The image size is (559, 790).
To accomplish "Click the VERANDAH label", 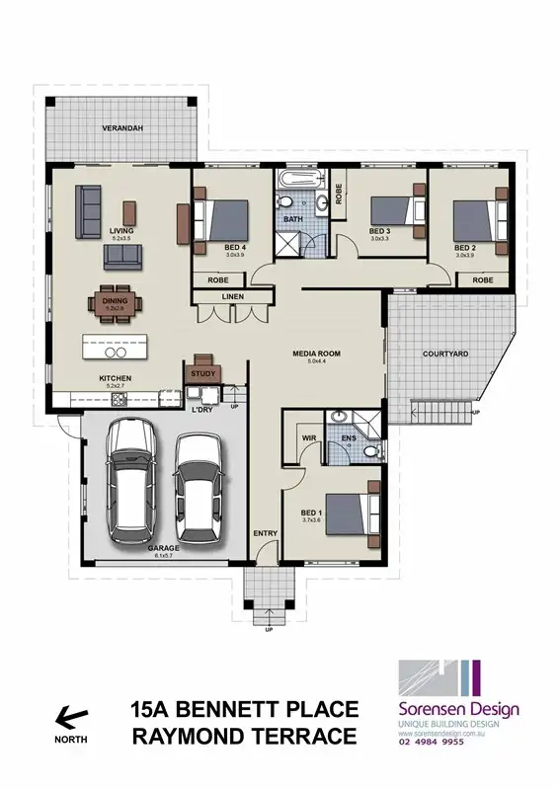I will pyautogui.click(x=123, y=128).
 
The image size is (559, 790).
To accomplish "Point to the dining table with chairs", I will pyautogui.click(x=115, y=303).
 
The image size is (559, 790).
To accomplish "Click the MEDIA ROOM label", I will pyautogui.click(x=316, y=353).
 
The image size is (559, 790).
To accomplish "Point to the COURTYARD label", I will pyautogui.click(x=444, y=353).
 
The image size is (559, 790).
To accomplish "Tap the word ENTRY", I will pyautogui.click(x=266, y=534).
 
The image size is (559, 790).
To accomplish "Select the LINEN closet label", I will pyautogui.click(x=233, y=296).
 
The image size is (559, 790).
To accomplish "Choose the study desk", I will pyautogui.click(x=201, y=362).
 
